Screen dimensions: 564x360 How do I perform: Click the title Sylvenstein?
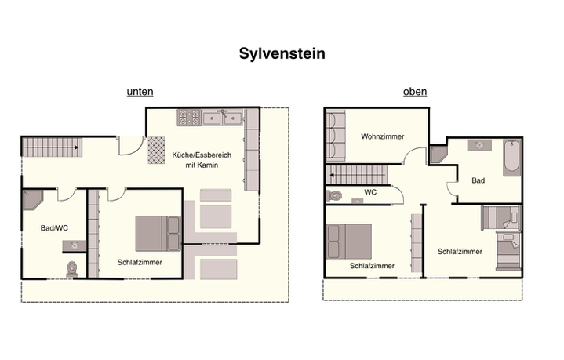[x=282, y=54]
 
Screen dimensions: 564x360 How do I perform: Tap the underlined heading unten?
[x=140, y=92]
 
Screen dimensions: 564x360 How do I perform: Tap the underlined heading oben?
[x=415, y=92]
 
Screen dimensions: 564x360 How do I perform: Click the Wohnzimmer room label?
[x=383, y=136]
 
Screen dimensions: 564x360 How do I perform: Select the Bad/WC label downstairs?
[x=54, y=228]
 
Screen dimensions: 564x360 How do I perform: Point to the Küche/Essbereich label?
[x=202, y=155]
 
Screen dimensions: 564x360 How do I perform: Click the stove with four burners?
[x=189, y=118]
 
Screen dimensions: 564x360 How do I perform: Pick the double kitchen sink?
[x=223, y=118]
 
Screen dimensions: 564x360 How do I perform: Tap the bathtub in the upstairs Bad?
[x=511, y=158]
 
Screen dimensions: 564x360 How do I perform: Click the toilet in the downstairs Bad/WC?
[x=72, y=269]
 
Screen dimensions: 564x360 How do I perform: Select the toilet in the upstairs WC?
[x=334, y=196]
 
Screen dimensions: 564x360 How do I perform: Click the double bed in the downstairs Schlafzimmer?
[x=158, y=234]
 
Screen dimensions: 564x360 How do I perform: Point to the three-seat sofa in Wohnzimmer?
[x=336, y=136]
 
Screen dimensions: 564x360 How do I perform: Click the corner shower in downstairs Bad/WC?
[x=33, y=199]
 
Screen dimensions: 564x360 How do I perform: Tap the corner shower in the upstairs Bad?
[x=438, y=154]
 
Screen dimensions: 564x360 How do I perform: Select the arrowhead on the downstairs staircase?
[x=76, y=147]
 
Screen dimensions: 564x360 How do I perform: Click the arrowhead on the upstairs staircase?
[x=332, y=175]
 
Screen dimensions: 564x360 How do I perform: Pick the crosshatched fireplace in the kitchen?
[x=156, y=150]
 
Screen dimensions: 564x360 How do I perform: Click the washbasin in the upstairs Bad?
[x=479, y=145]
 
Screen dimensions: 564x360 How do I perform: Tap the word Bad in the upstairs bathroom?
[x=478, y=180]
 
